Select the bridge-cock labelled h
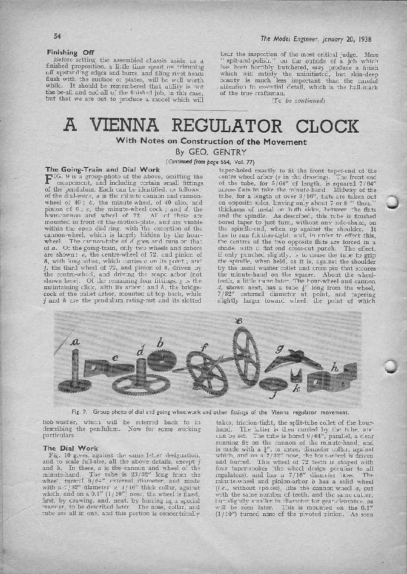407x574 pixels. (x=328, y=378)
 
